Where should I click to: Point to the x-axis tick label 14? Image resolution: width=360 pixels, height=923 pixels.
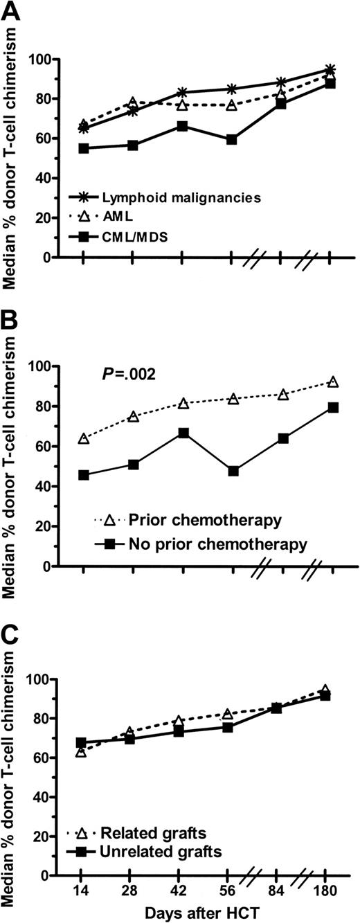click(x=82, y=888)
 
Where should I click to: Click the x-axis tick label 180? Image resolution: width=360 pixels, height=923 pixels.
click(x=332, y=888)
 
